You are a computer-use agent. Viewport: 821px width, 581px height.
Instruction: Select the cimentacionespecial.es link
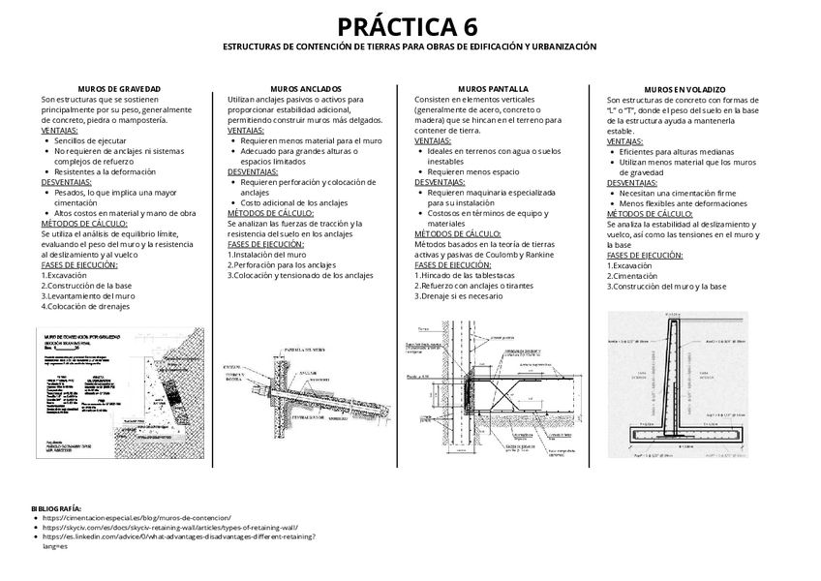point(137,518)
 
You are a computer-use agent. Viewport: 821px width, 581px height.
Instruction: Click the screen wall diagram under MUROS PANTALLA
point(490,386)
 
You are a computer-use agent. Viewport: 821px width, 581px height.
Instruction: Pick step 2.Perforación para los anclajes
point(282,264)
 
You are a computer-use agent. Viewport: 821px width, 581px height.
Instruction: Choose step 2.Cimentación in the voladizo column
point(639,275)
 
